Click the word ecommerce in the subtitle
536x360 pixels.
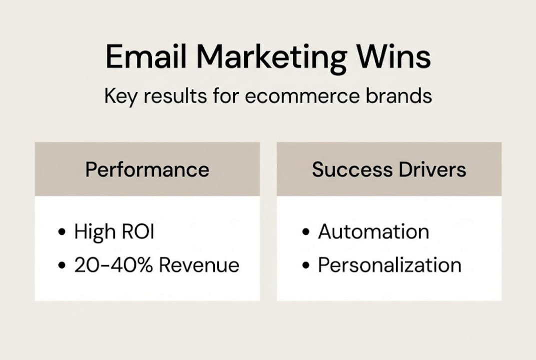(x=301, y=95)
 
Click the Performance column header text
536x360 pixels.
(x=147, y=169)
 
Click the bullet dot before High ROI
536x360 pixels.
(x=62, y=232)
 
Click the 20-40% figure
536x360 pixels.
(x=114, y=265)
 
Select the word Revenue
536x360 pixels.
(x=199, y=265)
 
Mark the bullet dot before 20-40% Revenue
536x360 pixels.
(x=62, y=265)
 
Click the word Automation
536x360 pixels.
(x=373, y=232)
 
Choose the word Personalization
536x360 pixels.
(x=390, y=265)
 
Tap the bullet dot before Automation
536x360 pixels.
(x=306, y=232)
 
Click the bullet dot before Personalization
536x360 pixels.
(x=306, y=265)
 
